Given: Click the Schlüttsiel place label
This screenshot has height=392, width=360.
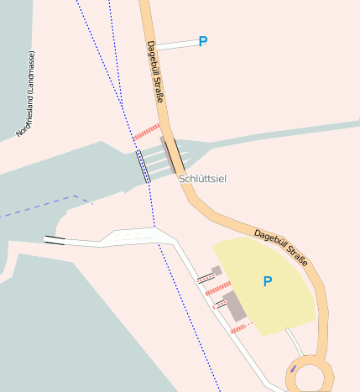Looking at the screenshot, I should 203,179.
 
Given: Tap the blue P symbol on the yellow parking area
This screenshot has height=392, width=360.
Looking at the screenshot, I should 268,282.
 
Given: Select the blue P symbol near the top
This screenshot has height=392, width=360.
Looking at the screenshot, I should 202,41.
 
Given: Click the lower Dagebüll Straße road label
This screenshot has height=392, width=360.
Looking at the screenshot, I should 281,248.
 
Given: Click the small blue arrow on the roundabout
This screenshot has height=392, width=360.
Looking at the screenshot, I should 292,368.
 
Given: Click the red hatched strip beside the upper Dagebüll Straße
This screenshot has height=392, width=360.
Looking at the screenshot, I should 146,132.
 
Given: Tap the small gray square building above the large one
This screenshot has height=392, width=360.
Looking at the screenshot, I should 217,271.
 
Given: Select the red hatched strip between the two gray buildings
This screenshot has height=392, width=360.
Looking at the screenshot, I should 217,289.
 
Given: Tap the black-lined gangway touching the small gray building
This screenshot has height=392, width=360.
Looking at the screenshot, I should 206,277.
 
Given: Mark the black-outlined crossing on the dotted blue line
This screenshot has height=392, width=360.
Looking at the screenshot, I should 143,166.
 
